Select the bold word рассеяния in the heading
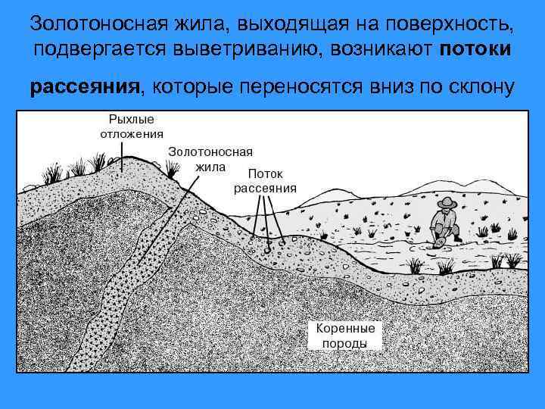(x=85, y=87)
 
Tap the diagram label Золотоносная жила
(x=210, y=159)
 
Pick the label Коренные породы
(x=345, y=336)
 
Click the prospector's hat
(x=447, y=204)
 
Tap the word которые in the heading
(x=189, y=87)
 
